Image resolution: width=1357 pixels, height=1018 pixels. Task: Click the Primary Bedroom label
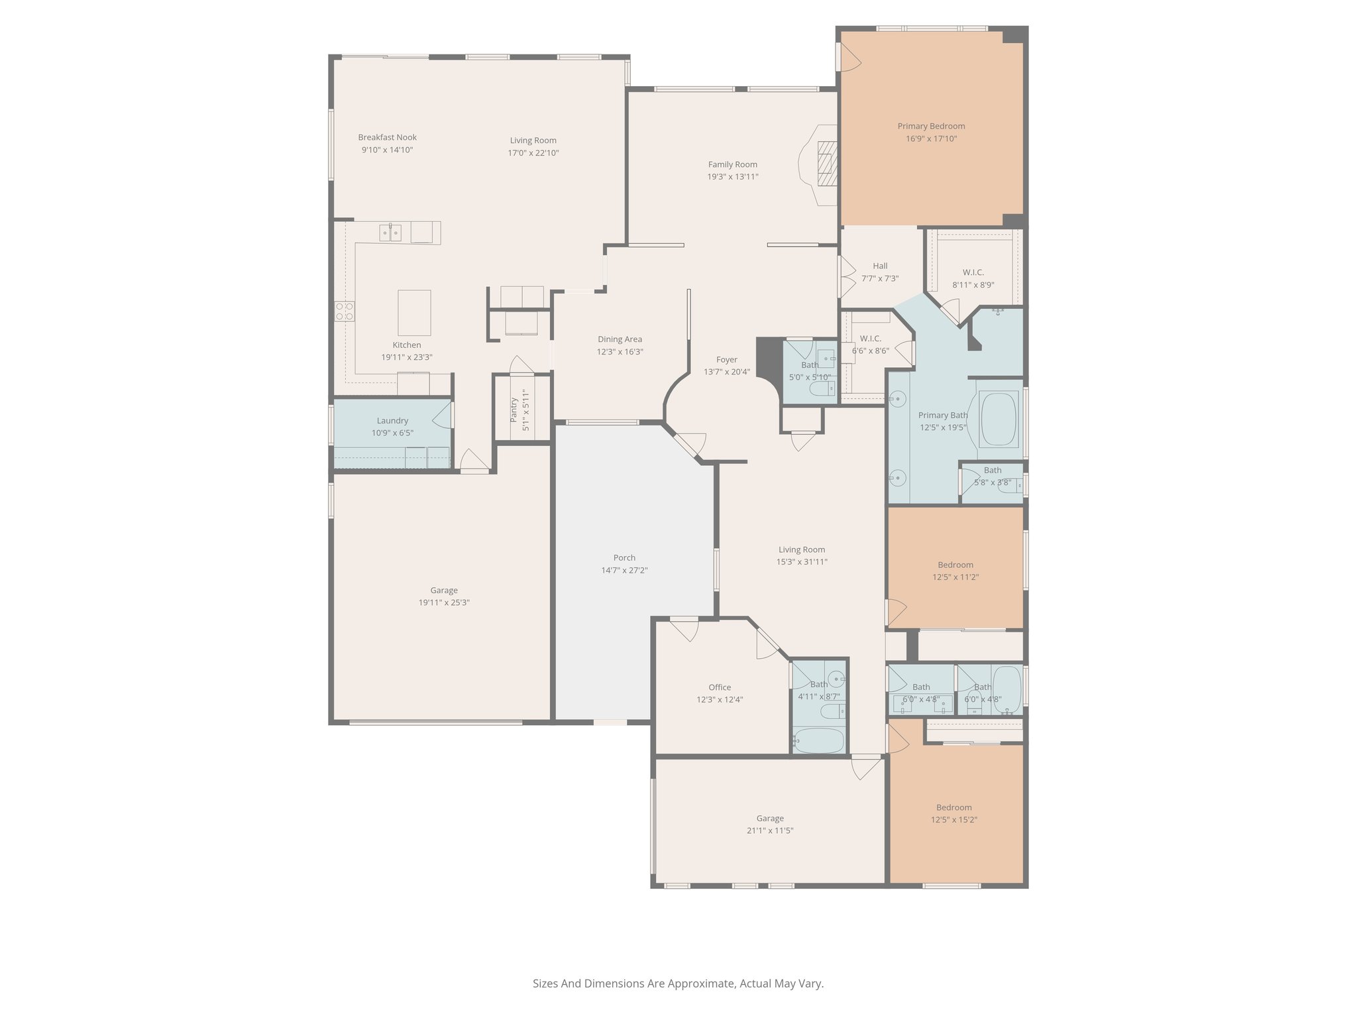coord(931,126)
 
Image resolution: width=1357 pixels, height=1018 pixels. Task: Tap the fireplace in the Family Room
coord(826,164)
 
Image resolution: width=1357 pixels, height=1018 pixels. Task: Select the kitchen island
coord(414,313)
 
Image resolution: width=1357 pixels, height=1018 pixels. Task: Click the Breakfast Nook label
coord(388,137)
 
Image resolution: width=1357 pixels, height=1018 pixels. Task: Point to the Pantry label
coord(514,410)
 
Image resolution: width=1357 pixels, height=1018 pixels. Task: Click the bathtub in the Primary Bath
coord(999,419)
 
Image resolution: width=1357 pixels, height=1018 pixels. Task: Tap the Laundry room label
coord(392,421)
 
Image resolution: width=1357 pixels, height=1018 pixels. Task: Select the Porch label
coord(624,558)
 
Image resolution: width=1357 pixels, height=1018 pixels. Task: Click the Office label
coord(720,687)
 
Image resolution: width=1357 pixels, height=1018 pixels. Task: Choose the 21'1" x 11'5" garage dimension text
coord(770,830)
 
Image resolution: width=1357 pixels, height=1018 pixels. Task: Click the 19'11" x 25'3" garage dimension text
coord(444,602)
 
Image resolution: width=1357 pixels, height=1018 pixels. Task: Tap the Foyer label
coord(727,360)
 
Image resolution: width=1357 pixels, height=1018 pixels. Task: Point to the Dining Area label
coord(620,339)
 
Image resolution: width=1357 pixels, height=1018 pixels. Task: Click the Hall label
coord(880,266)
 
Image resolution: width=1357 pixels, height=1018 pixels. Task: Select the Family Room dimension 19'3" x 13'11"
coord(733,176)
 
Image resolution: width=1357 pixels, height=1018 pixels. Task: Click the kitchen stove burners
coord(344,311)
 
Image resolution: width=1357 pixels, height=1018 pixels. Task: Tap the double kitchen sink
coord(390,233)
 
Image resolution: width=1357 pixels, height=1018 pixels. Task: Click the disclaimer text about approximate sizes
coord(678,984)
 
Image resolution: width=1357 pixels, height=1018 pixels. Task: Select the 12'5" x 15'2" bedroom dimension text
coord(954,819)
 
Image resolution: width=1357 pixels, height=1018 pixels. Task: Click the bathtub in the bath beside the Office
coord(818,740)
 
